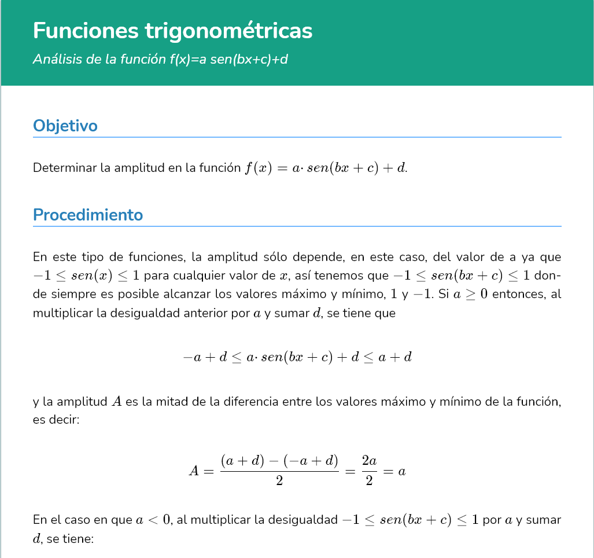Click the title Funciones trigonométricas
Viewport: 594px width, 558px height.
pos(172,31)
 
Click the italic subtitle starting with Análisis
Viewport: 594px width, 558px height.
pos(160,59)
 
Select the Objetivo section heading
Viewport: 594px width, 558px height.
pos(65,126)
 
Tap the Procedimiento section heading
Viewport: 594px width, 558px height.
pos(88,215)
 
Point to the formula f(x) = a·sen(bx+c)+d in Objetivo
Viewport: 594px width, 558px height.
pos(325,168)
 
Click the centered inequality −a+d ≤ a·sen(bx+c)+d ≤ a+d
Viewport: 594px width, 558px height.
pos(297,357)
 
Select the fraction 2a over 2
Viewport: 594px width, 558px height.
pos(369,471)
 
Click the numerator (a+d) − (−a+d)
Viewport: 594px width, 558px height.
pos(279,461)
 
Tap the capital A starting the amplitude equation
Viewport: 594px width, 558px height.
pos(194,471)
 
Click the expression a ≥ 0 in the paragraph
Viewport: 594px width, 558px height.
pos(470,294)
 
